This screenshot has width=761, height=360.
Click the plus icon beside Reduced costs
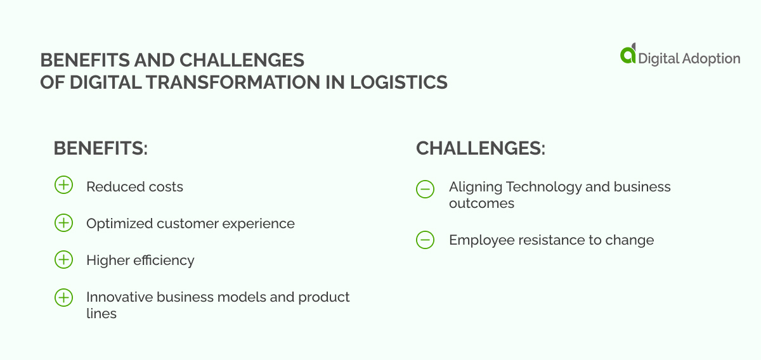63,186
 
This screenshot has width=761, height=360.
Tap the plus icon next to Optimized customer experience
63,222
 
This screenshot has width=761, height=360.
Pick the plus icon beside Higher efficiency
63,259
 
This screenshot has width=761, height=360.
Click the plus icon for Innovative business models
63,297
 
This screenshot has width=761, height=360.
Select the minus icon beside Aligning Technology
425,189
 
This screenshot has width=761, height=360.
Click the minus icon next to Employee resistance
425,240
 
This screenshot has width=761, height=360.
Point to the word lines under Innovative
101,314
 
